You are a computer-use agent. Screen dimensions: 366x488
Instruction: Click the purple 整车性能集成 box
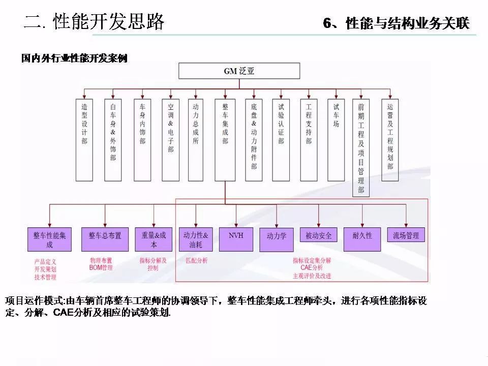49,239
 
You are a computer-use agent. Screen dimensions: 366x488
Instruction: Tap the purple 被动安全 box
319,236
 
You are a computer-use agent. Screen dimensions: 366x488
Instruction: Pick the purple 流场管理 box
406,236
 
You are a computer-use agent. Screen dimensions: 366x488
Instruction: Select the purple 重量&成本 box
153,239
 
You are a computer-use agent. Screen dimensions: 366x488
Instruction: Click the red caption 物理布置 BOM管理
101,264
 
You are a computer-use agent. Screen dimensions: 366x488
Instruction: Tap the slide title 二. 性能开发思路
95,22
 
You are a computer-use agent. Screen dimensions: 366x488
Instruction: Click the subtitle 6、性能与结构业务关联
396,24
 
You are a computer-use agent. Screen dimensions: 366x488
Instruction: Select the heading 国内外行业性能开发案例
74,58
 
